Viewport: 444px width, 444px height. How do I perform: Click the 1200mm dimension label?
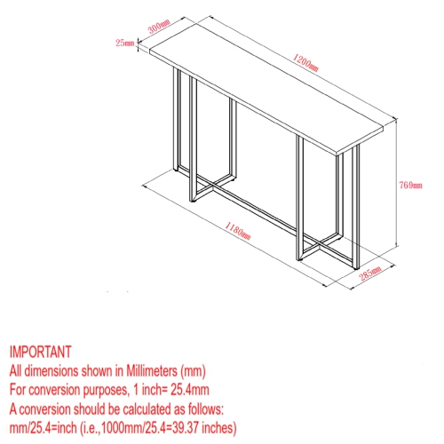pos(305,63)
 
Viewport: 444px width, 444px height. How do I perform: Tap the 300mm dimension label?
pos(159,26)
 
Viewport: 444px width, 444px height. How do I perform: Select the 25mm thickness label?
pos(124,43)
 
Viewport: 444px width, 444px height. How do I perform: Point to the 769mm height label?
pos(410,185)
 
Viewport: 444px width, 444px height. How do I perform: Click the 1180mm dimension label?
pos(237,231)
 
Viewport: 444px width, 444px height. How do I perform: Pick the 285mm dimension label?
pos(370,274)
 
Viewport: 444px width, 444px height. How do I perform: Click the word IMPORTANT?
pos(41,352)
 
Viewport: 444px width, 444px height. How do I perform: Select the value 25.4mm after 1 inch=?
pos(190,390)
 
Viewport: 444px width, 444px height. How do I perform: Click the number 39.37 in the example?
pos(184,428)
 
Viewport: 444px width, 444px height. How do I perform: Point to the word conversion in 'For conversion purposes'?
pos(54,390)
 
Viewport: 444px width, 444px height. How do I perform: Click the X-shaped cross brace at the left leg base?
pos(211,186)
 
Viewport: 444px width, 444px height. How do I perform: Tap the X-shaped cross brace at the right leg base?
pos(320,245)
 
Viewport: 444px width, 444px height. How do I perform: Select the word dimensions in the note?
pos(52,371)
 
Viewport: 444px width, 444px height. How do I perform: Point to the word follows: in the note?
pos(206,409)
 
